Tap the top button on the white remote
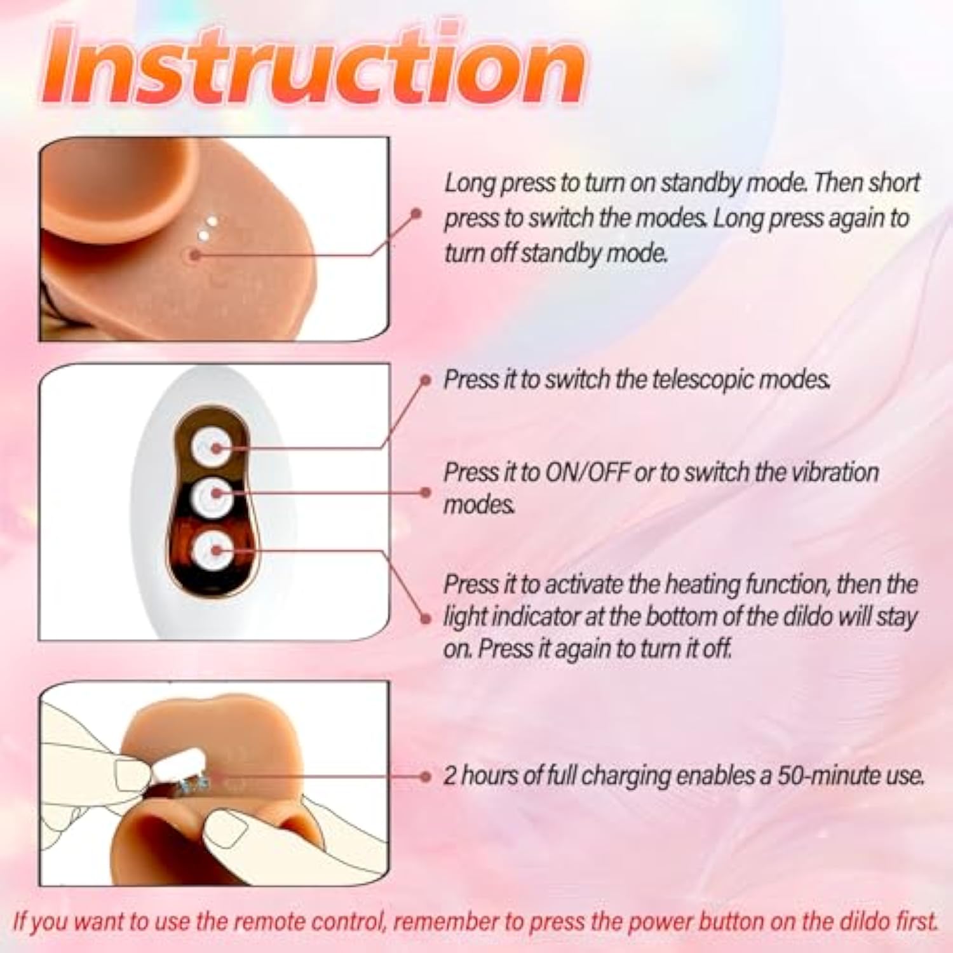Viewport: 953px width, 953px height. point(212,448)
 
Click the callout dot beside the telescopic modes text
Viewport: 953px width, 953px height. point(426,381)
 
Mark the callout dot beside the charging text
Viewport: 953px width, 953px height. point(426,776)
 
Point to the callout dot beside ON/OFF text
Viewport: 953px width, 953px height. point(426,492)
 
